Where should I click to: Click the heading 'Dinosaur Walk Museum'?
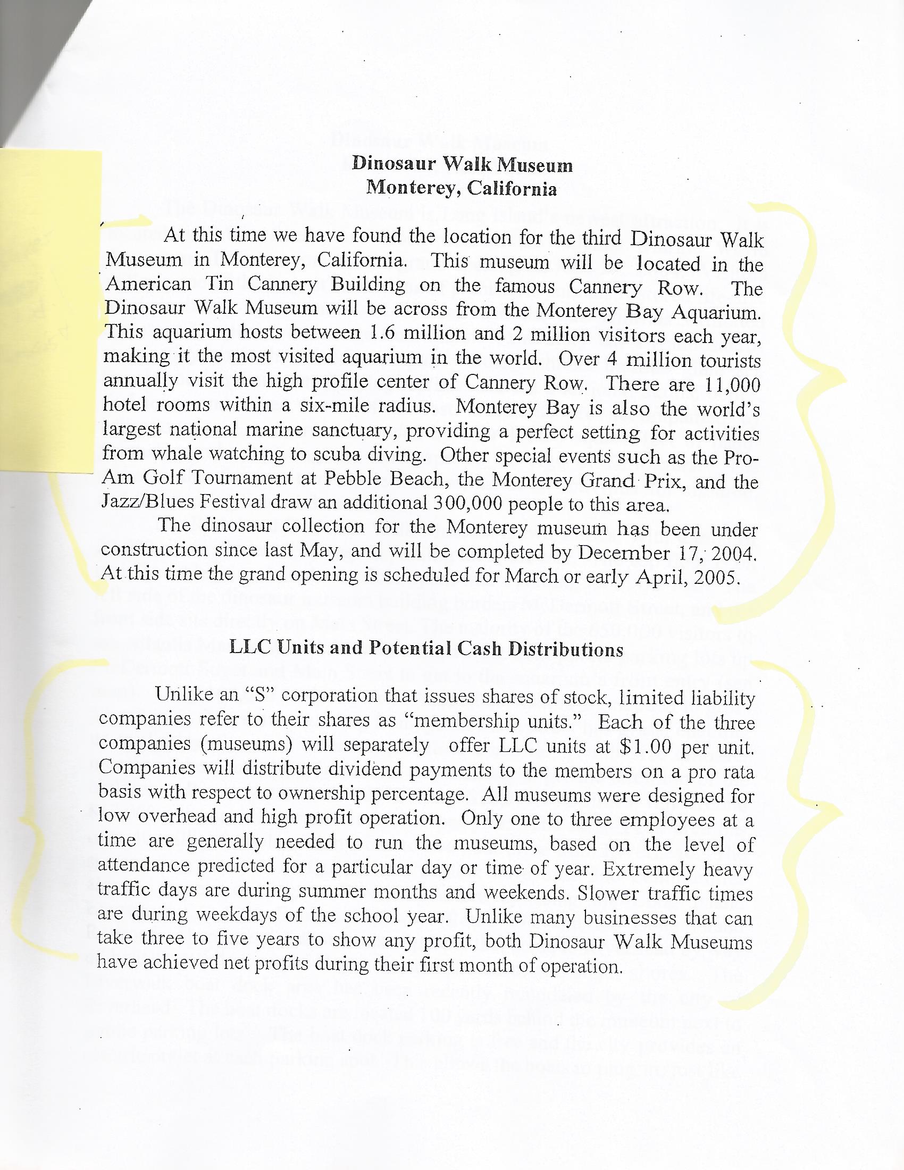pyautogui.click(x=462, y=164)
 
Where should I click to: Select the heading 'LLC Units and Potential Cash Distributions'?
pyautogui.click(x=426, y=649)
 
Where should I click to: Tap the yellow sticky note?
pyautogui.click(x=51, y=311)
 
